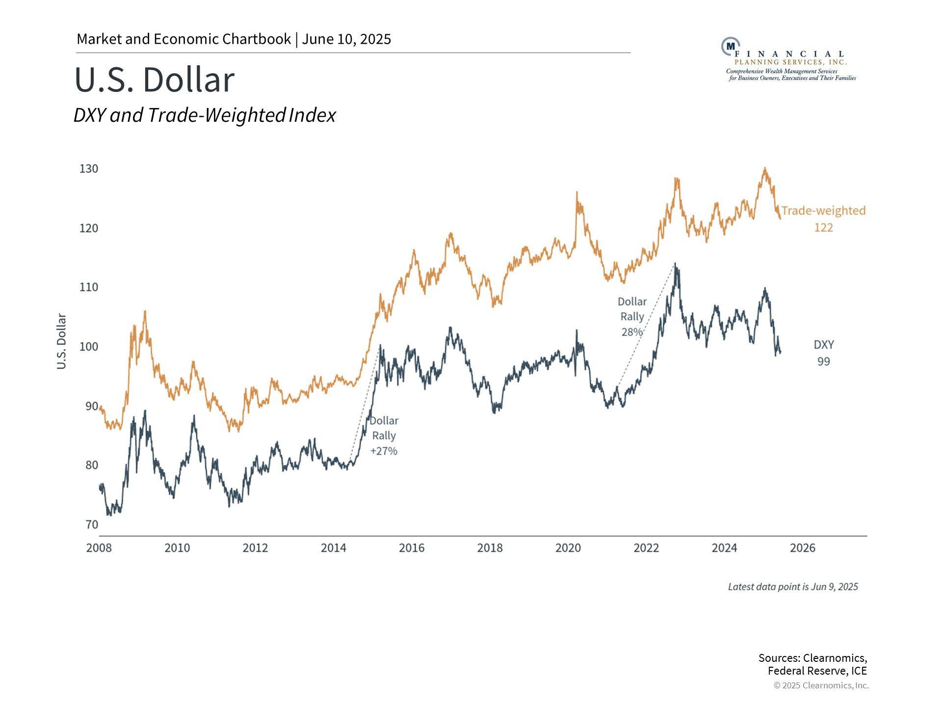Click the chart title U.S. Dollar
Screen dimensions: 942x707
click(x=155, y=80)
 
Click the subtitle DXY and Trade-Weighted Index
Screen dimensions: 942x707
click(x=205, y=115)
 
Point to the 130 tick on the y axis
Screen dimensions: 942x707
click(x=89, y=169)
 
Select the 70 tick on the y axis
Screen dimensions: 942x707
click(x=92, y=524)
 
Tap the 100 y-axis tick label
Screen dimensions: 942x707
click(x=89, y=347)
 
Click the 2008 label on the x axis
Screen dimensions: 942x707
click(x=99, y=548)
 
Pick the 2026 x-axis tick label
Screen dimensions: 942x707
click(x=803, y=548)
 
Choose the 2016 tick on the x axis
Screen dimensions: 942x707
click(x=412, y=548)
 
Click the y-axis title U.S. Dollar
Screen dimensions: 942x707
click(x=61, y=341)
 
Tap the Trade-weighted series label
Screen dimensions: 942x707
click(x=823, y=211)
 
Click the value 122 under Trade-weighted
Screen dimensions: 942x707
click(x=824, y=227)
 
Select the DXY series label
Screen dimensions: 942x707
click(x=824, y=345)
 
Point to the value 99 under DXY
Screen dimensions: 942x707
click(x=824, y=361)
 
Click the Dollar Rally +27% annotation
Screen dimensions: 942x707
click(x=384, y=436)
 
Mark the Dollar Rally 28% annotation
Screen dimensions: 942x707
click(x=632, y=317)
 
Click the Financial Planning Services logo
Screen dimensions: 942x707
click(x=788, y=59)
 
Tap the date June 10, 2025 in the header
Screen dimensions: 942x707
click(x=346, y=39)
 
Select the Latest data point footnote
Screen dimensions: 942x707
click(x=793, y=587)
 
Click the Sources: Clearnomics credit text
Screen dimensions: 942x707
click(x=812, y=664)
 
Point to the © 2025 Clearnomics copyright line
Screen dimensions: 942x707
click(x=821, y=685)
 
